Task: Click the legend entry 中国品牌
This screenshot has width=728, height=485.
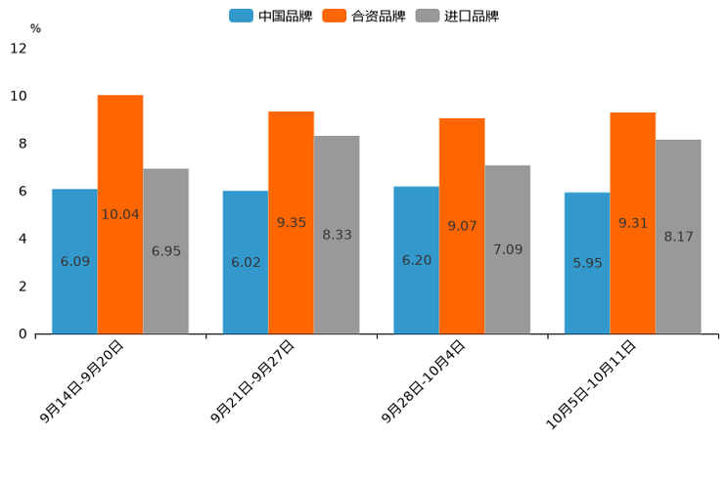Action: point(271,16)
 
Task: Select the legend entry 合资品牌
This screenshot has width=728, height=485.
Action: point(364,16)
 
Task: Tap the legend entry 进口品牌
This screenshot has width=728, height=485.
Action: point(457,16)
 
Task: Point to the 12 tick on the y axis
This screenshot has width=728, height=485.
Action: point(19,48)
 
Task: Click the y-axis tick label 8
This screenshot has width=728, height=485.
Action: point(23,144)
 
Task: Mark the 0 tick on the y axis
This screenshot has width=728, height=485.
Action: point(23,334)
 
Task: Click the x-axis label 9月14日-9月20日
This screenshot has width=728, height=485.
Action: point(82,381)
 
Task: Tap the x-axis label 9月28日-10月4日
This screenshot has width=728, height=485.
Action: point(423,382)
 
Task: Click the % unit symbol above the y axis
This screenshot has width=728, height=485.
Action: point(35,28)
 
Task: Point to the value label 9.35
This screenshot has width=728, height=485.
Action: point(292,223)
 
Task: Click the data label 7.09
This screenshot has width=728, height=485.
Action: point(508,249)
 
